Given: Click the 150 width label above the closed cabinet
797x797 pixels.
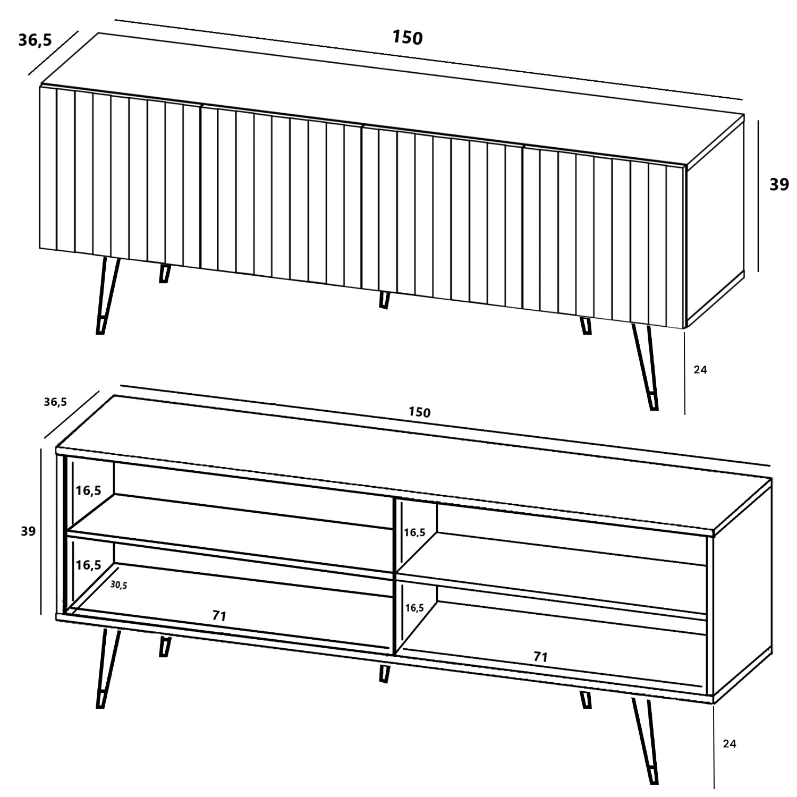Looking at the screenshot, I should pos(407,38).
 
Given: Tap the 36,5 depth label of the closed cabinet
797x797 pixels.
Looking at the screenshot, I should pos(35,40).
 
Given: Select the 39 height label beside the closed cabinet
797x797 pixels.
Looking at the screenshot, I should pos(779,184).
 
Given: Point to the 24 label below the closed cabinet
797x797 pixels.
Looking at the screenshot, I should pos(700,370).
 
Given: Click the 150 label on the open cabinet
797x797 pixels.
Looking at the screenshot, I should pos(419,412).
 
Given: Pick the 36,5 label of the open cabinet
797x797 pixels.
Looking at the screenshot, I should pos(55,402).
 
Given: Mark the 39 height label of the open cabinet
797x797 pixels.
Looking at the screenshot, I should pos(28,531).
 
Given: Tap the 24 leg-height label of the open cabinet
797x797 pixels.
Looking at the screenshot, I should pos(730,744).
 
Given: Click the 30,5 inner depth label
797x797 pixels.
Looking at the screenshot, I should pos(118,585).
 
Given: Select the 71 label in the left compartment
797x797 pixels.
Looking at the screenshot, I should pos(219,616).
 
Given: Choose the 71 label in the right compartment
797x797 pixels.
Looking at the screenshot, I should pos(540,657).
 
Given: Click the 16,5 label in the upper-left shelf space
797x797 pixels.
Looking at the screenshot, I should pos(88,490).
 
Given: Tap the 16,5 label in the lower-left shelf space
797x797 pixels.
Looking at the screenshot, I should pos(88,565).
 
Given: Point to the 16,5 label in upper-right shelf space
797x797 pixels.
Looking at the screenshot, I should pos(414,532).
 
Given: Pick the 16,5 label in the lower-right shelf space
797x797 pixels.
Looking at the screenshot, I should pos(414,608).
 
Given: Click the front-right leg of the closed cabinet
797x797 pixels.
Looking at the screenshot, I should pos(645,367).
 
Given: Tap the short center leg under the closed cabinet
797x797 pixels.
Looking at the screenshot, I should pos(384,300).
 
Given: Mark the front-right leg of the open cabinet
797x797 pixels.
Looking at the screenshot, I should pos(645,741).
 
